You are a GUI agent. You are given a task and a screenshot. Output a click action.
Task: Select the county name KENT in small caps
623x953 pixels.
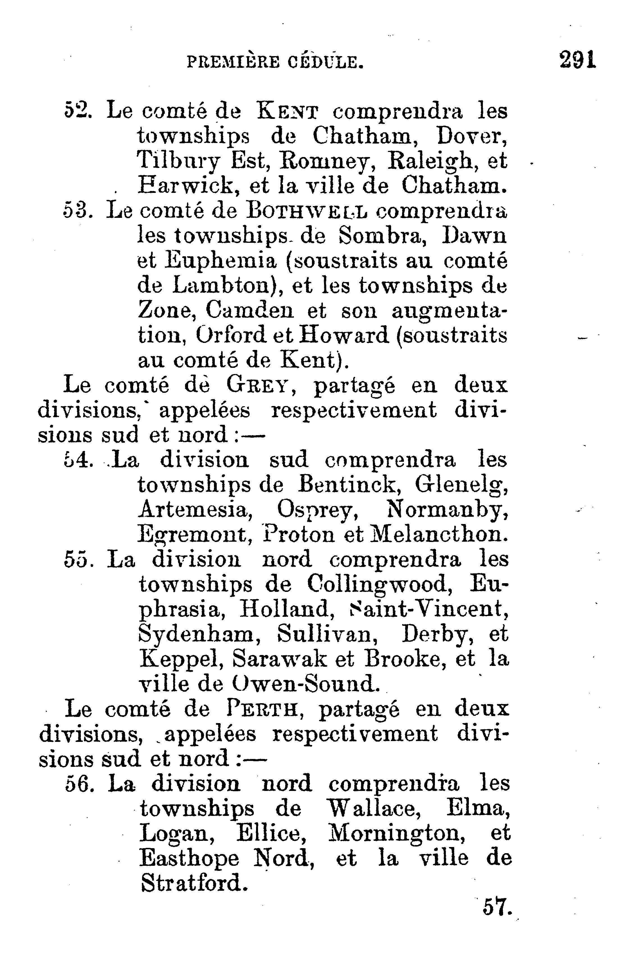pos(287,112)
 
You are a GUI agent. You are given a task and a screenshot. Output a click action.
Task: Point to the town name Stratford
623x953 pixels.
pos(192,883)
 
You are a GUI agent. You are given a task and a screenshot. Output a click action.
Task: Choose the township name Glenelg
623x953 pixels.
pos(461,486)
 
